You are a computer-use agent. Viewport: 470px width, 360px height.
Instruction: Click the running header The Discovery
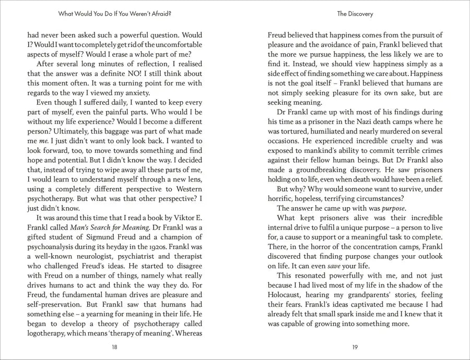355,14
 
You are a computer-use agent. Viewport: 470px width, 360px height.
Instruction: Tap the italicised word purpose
392,208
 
